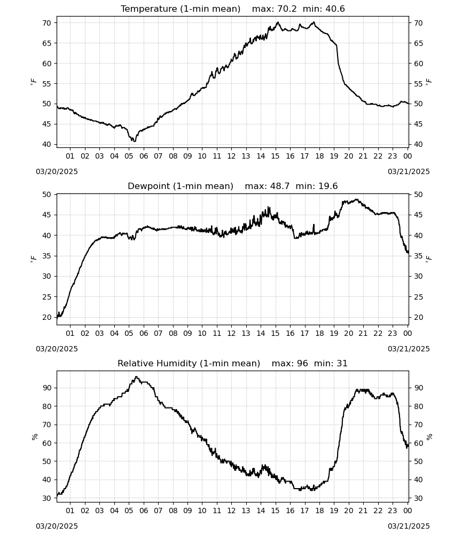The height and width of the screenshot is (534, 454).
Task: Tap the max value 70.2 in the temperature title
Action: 287,9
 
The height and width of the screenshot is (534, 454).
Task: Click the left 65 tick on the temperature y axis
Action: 46,43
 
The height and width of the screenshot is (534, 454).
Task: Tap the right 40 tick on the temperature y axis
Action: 418,144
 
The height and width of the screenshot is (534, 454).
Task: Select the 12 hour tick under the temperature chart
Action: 231,156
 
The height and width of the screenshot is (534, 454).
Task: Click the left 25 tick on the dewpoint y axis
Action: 46,297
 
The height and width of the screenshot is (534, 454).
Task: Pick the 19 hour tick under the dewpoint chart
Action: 334,333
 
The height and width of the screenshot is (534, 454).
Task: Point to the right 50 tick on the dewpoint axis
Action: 418,194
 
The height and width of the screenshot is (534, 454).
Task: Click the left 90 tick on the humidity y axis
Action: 46,388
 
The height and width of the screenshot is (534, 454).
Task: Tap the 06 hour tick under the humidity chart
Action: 143,511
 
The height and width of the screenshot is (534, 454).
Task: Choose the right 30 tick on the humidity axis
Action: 418,498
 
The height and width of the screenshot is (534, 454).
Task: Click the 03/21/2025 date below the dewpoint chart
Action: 409,349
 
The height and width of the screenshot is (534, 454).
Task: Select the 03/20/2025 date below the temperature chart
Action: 57,171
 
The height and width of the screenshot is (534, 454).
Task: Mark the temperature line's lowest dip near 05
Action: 135,141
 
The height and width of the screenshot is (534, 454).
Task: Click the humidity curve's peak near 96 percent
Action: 136,376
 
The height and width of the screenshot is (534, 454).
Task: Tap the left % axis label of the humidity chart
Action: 34,437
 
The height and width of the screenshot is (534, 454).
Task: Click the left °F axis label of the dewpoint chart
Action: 33,259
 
